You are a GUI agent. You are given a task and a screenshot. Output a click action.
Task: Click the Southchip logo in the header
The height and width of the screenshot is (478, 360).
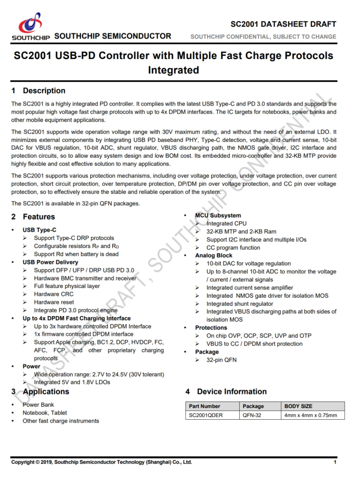click(x=31, y=26)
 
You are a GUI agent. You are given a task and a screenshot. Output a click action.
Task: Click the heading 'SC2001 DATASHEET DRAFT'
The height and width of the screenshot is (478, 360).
click(x=283, y=24)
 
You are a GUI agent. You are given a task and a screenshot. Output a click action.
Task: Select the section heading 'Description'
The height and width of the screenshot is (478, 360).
click(x=44, y=91)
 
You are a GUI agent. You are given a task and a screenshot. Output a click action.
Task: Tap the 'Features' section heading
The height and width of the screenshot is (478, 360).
click(x=39, y=217)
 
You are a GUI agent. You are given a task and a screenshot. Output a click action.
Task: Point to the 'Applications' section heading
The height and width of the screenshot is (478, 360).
click(x=46, y=392)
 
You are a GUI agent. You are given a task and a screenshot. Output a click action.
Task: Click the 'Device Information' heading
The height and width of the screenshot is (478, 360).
click(x=232, y=392)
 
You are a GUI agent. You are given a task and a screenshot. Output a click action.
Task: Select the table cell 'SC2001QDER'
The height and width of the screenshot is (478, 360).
click(x=206, y=415)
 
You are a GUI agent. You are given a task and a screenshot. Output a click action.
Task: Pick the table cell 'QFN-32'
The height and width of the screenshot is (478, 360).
click(x=252, y=415)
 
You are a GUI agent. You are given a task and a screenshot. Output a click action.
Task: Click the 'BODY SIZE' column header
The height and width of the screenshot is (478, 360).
click(x=298, y=406)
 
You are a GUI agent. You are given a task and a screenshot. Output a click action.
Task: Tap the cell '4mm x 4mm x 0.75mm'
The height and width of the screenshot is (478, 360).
click(x=311, y=415)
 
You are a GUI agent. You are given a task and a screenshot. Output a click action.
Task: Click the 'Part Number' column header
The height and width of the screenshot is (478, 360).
click(x=204, y=406)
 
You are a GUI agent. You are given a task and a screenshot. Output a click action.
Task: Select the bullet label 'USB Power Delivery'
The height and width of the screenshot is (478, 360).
click(x=50, y=262)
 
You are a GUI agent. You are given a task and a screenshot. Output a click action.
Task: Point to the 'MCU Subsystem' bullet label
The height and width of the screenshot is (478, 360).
click(x=218, y=215)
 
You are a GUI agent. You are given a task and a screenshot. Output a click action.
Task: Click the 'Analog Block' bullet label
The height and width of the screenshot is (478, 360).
click(x=214, y=256)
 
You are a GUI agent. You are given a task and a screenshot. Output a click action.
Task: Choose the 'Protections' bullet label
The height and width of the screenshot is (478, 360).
click(x=211, y=328)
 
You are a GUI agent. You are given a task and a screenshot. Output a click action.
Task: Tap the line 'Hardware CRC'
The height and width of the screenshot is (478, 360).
click(x=54, y=294)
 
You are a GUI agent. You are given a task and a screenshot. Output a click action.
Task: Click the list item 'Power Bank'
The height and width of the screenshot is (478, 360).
click(x=38, y=405)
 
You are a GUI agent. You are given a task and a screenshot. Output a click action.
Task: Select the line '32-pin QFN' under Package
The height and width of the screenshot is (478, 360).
click(x=221, y=360)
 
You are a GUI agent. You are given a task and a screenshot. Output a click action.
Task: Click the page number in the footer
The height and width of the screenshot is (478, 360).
click(x=335, y=462)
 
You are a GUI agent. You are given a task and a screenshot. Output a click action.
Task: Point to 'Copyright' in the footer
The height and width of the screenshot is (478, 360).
click(x=23, y=462)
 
